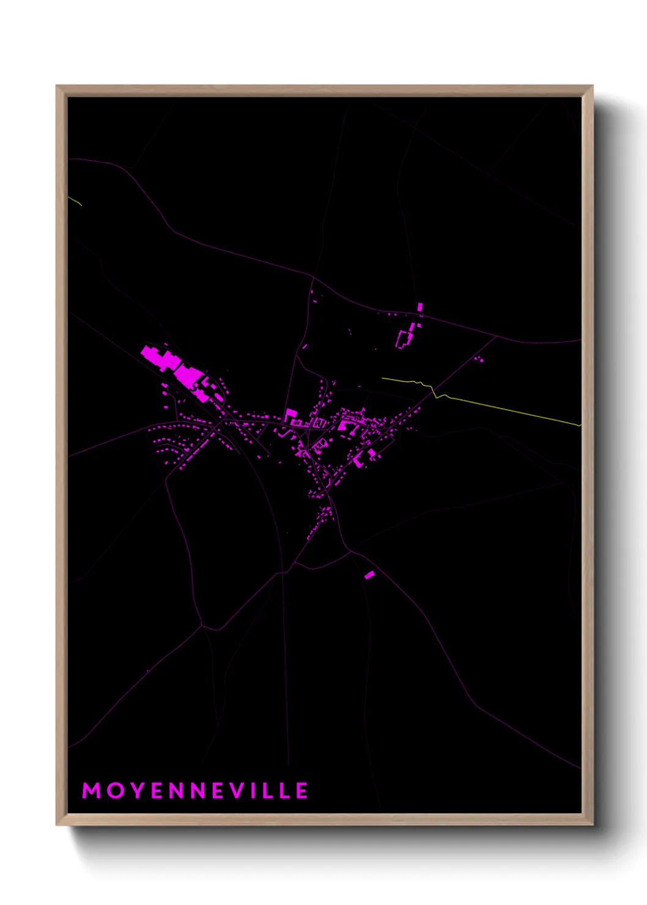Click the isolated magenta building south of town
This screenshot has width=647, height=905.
[x=369, y=575]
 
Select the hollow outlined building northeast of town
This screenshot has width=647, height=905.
[x=404, y=339]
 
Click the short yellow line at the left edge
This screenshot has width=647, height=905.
[x=75, y=200]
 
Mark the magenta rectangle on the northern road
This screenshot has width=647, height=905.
[x=420, y=307]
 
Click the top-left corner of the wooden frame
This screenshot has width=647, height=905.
[x=57, y=87]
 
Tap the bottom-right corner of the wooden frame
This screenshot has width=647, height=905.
[x=592, y=824]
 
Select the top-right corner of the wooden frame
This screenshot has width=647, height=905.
[x=592, y=87]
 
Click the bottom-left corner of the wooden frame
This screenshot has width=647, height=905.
[x=57, y=824]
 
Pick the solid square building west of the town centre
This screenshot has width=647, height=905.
[x=290, y=415]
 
